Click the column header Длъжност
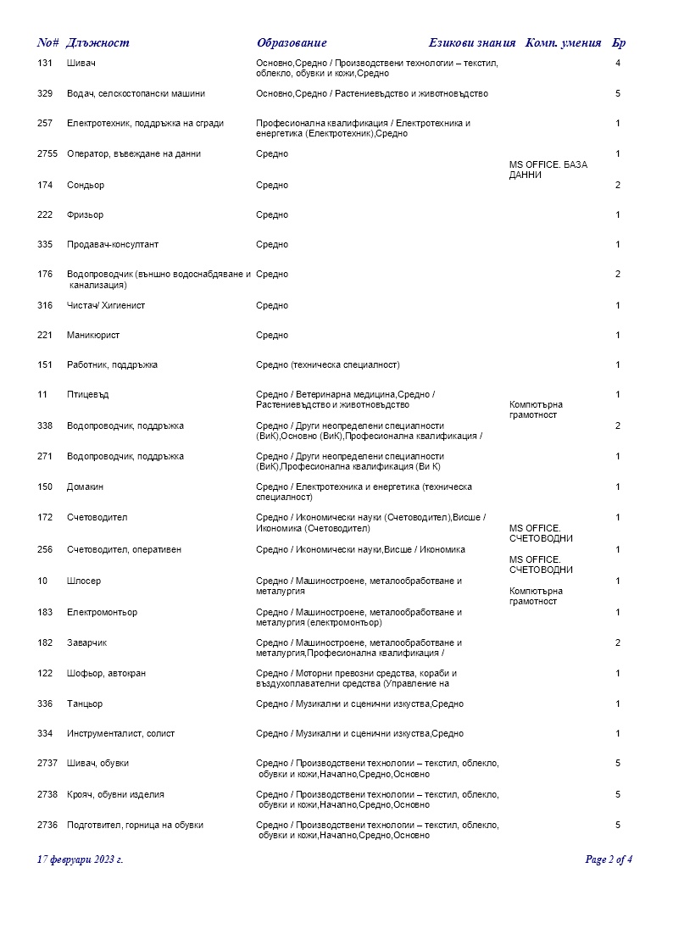click(97, 43)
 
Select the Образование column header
click(292, 43)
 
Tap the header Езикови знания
click(472, 43)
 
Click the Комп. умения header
click(564, 43)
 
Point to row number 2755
click(47, 154)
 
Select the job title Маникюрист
click(93, 336)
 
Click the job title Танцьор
click(85, 704)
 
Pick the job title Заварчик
click(87, 643)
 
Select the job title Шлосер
click(84, 581)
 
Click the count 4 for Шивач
click(618, 64)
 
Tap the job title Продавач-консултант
click(113, 245)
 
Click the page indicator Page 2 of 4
click(609, 859)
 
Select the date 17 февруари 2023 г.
click(81, 859)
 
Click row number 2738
click(47, 795)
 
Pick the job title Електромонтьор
click(102, 613)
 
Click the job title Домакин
click(86, 487)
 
